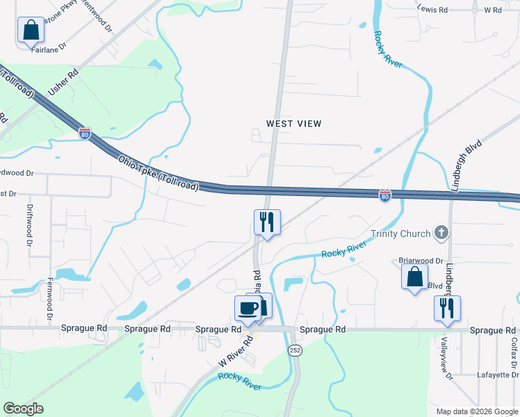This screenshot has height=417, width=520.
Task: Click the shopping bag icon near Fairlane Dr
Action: pos(31,31)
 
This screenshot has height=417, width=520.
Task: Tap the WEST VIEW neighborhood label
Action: pos(294,124)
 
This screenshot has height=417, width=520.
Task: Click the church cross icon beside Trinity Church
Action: pos(440,233)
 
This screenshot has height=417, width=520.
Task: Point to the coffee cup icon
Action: pos(248,307)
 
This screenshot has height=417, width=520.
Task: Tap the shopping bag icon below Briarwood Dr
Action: pos(414,277)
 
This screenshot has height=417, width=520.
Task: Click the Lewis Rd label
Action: pos(433,10)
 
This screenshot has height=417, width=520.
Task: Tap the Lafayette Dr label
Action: pos(494,375)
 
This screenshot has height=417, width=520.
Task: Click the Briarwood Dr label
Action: pos(421,261)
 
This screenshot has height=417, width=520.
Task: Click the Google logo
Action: pos(23,409)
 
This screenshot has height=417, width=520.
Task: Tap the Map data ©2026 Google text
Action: pos(476,411)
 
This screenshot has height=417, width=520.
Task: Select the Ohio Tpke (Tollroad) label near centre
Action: pos(159,173)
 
